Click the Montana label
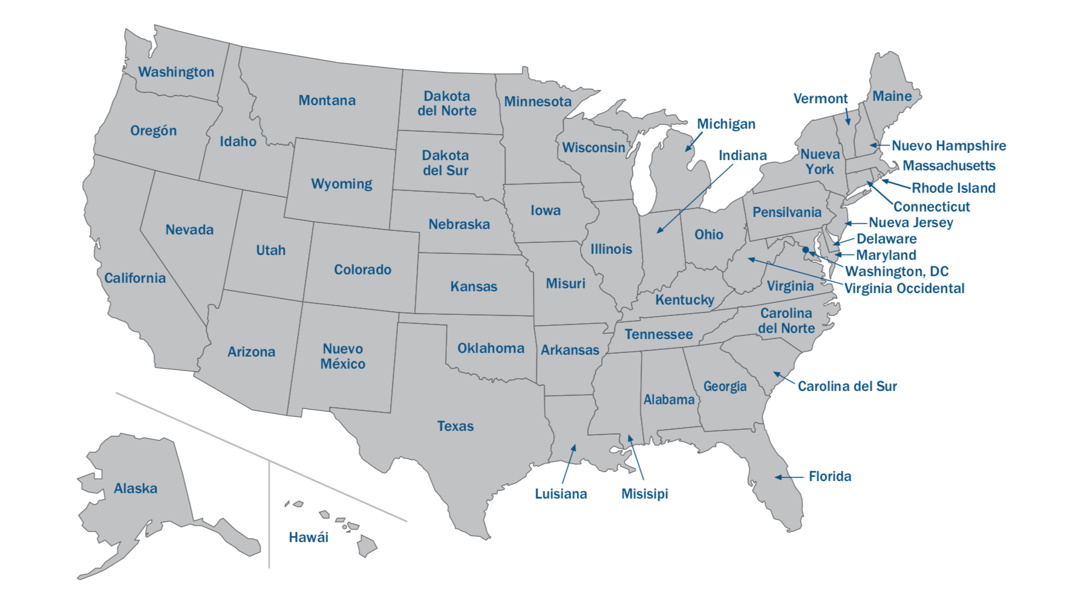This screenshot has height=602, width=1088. tap(327, 100)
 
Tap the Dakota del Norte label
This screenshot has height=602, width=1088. tap(446, 103)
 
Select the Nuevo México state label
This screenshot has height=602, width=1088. tap(342, 356)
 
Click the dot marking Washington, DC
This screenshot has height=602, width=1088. tap(806, 250)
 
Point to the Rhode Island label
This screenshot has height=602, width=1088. tap(953, 188)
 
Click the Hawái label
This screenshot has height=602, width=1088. tap(308, 537)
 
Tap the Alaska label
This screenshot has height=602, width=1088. tap(135, 488)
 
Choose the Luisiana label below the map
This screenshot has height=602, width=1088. tap(561, 494)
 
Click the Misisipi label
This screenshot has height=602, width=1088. tap(645, 494)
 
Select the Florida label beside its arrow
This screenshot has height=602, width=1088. tap(830, 476)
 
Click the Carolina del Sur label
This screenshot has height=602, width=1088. tap(847, 386)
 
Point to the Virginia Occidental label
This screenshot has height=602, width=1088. tap(904, 288)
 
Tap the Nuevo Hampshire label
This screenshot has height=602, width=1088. tap(948, 146)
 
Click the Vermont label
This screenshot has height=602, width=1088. tap(820, 99)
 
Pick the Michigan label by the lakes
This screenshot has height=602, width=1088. tap(726, 124)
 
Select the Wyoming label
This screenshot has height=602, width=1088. tap(341, 184)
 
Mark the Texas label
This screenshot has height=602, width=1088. tap(455, 426)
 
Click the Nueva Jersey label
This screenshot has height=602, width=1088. tap(910, 222)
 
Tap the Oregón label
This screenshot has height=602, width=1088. tap(154, 131)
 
